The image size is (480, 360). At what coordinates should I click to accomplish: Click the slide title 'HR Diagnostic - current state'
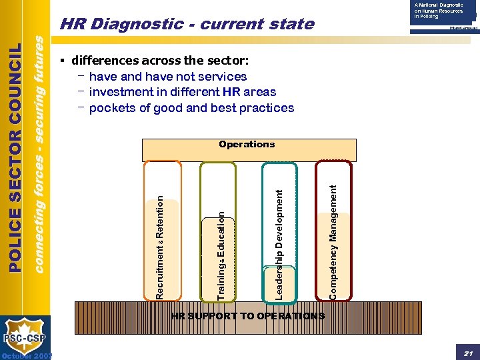point(186,25)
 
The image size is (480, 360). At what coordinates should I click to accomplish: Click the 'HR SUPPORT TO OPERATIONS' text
point(248,316)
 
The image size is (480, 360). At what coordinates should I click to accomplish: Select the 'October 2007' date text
point(27,355)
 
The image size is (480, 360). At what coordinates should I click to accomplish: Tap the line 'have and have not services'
point(167,76)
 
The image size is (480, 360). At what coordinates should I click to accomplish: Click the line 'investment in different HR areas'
point(182,92)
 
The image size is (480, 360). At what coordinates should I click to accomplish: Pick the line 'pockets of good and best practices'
point(191,108)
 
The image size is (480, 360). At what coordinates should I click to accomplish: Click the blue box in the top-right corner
point(443,13)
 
